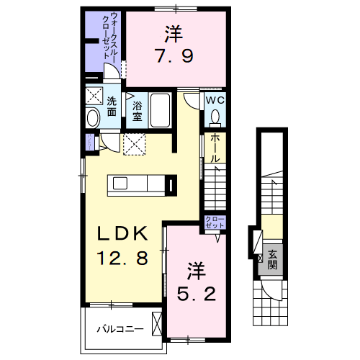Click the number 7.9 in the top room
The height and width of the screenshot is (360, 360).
172,55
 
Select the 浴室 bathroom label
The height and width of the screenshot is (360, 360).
137,109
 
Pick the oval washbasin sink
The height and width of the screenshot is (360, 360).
92,118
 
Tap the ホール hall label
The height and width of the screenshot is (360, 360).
215,147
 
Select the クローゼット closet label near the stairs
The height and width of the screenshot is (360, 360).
215,221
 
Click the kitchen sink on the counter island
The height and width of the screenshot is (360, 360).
120,184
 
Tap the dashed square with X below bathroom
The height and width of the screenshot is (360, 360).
135,144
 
